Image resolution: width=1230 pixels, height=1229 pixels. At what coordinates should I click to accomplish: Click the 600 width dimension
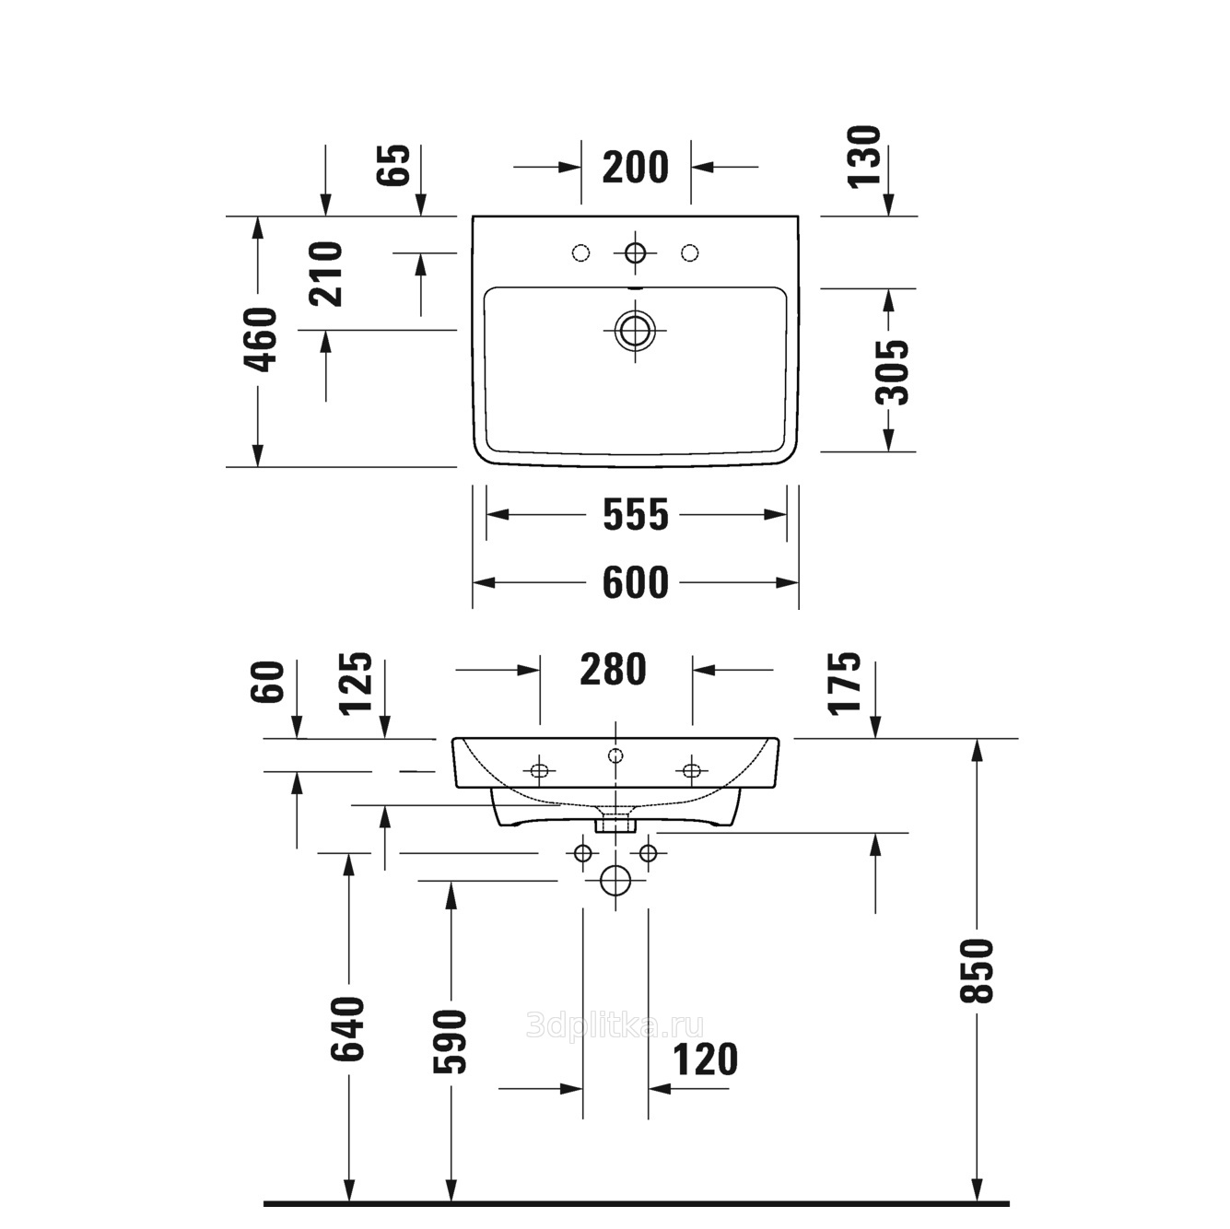[635, 582]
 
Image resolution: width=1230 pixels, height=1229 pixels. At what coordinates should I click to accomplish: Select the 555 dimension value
[636, 514]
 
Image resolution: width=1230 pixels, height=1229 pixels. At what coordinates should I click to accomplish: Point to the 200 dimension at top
[635, 168]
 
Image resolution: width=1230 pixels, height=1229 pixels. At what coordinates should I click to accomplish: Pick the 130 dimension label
[864, 157]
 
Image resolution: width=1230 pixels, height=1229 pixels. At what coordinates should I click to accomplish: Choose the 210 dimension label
[325, 274]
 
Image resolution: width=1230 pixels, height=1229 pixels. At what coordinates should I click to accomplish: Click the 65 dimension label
[393, 165]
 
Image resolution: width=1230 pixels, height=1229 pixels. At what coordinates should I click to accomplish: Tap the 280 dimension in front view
[613, 669]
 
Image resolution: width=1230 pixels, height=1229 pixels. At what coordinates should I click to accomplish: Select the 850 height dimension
[977, 971]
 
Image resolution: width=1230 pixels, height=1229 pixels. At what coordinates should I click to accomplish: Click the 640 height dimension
[347, 1028]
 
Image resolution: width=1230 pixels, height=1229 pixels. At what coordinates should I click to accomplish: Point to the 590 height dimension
[450, 1041]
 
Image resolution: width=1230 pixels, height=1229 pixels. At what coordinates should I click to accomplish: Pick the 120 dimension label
[706, 1059]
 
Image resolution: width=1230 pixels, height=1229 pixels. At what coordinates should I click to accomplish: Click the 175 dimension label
[844, 683]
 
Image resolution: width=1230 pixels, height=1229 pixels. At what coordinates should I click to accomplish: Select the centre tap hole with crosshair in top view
[635, 253]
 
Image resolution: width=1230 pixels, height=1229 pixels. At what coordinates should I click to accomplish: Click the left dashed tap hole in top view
[580, 253]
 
